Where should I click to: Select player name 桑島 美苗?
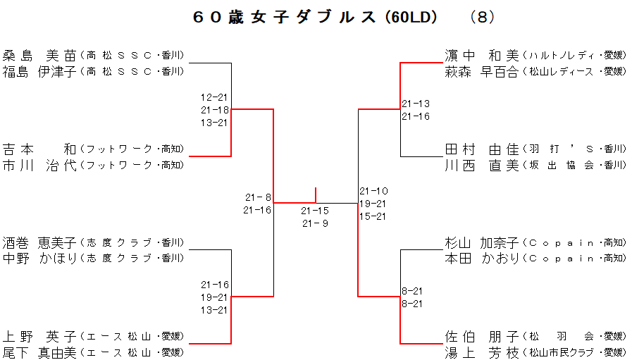point(39,55)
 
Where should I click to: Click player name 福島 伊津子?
point(39,71)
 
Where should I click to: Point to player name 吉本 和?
point(39,149)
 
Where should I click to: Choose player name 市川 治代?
point(39,165)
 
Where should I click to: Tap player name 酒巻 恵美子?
point(39,242)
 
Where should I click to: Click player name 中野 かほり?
point(39,258)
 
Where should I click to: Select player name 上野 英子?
point(39,336)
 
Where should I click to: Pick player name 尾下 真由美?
point(39,352)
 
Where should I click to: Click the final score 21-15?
point(315,211)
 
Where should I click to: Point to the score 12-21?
point(214,97)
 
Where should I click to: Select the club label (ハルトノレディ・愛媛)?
point(574,55)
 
